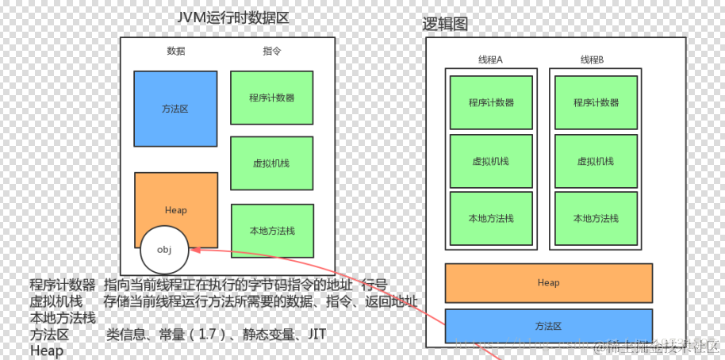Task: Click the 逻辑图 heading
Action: [x=445, y=24]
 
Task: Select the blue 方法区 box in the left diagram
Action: [x=175, y=109]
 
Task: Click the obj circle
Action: [x=164, y=249]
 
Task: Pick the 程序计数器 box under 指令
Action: [x=272, y=98]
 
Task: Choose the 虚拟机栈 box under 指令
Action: [x=272, y=162]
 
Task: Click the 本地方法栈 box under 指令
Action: [x=272, y=231]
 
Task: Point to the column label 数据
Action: [x=176, y=51]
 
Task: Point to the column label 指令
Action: [x=272, y=51]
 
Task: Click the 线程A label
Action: [x=490, y=60]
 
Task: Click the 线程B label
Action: [x=592, y=60]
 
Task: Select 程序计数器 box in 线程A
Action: [x=491, y=102]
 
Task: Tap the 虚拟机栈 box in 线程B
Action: [x=596, y=161]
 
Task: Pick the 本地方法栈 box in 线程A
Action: [x=491, y=219]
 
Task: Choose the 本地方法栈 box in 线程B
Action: [x=596, y=219]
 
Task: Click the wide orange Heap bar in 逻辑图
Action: [x=548, y=283]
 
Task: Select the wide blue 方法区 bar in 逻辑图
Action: [x=548, y=326]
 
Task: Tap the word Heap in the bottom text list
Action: [x=46, y=350]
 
